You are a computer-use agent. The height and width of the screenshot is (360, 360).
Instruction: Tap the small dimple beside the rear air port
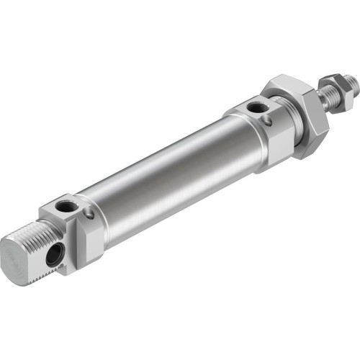coord(88,213)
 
